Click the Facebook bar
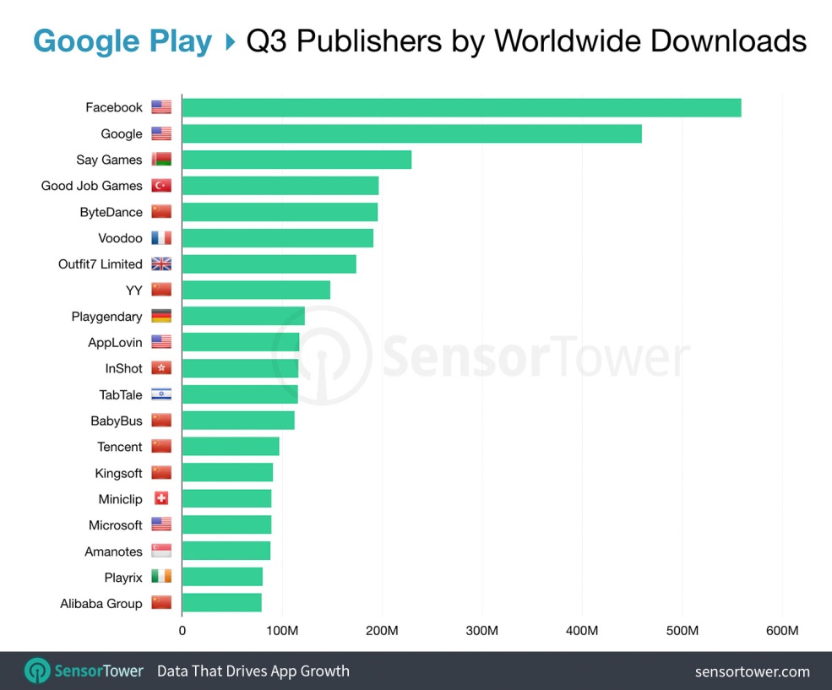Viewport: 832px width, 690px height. (x=461, y=107)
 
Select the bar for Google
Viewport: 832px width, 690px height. (x=411, y=133)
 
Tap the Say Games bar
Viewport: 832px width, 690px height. (x=296, y=160)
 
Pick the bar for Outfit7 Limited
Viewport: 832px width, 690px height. (x=269, y=264)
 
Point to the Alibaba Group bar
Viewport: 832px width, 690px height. (x=221, y=603)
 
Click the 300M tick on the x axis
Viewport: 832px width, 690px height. (x=482, y=631)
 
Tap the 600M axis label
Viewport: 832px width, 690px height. (x=781, y=631)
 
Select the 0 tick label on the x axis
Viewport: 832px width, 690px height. (x=182, y=631)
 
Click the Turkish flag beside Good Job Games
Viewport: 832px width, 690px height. (x=161, y=186)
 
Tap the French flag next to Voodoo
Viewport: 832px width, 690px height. (x=161, y=238)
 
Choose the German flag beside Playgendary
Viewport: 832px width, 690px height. (x=161, y=316)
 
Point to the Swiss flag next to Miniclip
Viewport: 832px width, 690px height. (x=161, y=499)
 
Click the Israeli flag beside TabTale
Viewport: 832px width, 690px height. (x=161, y=394)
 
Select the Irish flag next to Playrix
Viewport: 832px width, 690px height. (x=161, y=577)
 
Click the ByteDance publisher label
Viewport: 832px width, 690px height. (x=111, y=212)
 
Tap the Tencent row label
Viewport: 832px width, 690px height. (x=120, y=447)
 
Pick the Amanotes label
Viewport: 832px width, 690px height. (x=113, y=551)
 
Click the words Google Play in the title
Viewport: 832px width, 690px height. (x=122, y=41)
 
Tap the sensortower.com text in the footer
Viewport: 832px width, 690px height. (x=752, y=672)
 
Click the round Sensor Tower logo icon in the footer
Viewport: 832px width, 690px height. (x=37, y=671)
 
